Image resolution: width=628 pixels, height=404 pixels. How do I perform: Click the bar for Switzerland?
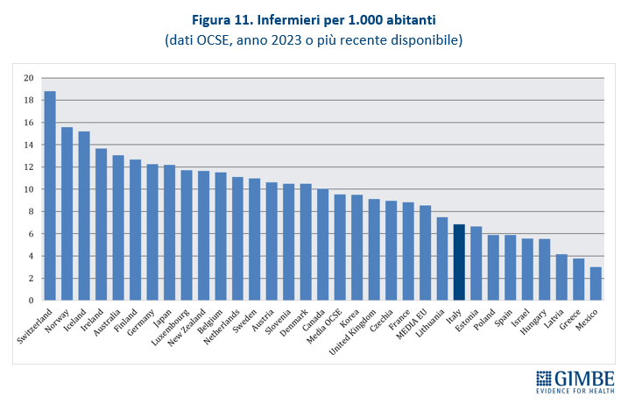point(50,196)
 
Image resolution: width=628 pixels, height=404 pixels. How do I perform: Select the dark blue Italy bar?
point(459,263)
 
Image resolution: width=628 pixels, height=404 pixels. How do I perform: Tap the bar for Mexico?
point(596,284)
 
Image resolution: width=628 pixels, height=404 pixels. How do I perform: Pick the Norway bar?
point(67,214)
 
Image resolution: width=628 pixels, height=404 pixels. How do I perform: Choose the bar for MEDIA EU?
point(425,253)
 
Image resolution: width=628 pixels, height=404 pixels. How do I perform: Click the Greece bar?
point(578,280)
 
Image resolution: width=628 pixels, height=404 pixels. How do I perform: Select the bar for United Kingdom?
point(374,250)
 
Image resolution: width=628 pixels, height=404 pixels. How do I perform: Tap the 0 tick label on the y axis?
point(31,301)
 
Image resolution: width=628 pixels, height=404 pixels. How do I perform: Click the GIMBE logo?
point(574,382)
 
